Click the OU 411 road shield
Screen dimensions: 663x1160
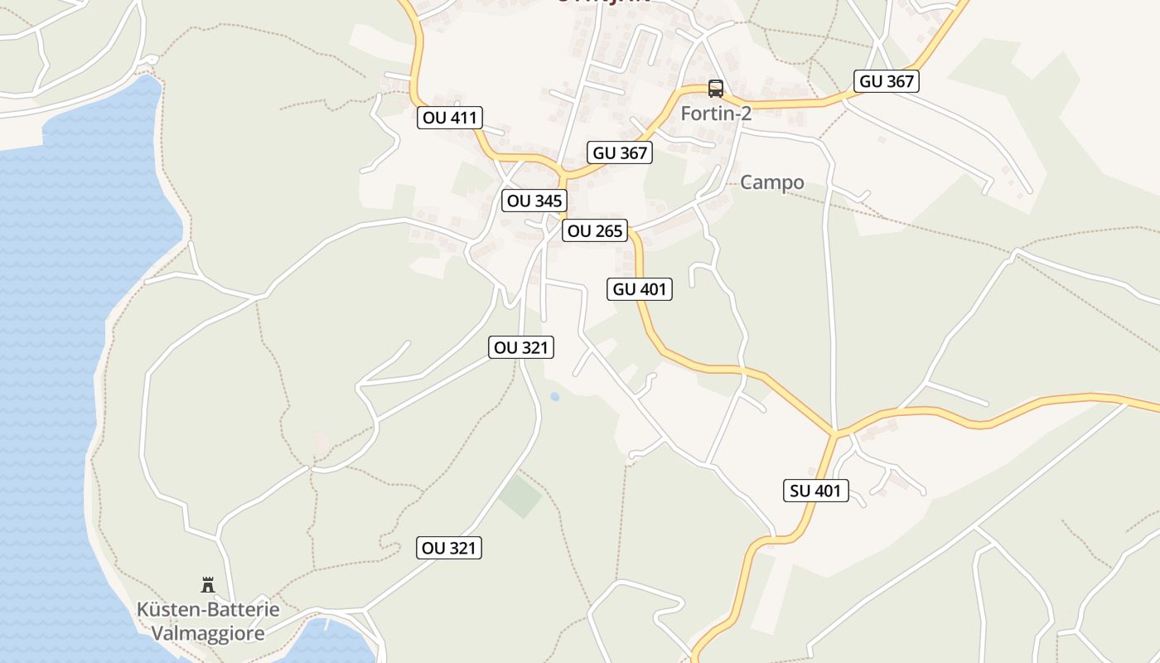(x=450, y=118)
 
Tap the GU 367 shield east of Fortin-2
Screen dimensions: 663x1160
(x=887, y=81)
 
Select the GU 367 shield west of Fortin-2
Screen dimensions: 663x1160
(x=620, y=152)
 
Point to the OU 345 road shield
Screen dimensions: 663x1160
(x=534, y=201)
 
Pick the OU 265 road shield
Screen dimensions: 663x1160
(x=594, y=230)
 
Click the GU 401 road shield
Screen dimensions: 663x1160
(x=639, y=289)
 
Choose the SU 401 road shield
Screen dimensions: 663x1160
(x=815, y=491)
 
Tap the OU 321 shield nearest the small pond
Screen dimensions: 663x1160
(x=520, y=348)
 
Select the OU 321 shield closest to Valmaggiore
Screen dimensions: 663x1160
(x=449, y=548)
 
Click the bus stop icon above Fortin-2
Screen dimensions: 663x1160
(x=715, y=89)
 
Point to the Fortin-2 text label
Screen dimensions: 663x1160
(x=716, y=114)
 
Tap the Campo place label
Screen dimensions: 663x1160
(x=771, y=182)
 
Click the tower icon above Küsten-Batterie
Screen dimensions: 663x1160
(x=208, y=585)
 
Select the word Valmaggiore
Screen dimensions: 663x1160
(x=208, y=634)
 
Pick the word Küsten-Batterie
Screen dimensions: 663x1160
(x=208, y=610)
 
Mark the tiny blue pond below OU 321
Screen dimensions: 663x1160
(x=554, y=397)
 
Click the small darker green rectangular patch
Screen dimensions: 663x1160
(x=520, y=495)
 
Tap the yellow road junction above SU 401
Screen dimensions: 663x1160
(x=835, y=433)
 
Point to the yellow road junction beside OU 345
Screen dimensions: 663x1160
(x=563, y=176)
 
